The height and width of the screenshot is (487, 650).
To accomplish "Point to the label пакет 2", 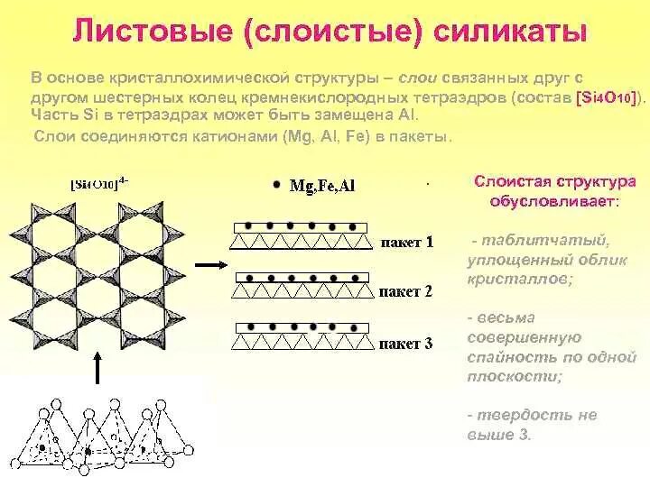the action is tap(405, 292).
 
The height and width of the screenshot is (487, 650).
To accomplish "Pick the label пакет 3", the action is tap(405, 344).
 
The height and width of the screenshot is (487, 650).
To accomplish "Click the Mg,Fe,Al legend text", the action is tap(322, 186).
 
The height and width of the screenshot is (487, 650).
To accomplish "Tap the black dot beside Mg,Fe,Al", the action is tap(275, 185).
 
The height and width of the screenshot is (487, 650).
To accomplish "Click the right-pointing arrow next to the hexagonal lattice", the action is tap(209, 264).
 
